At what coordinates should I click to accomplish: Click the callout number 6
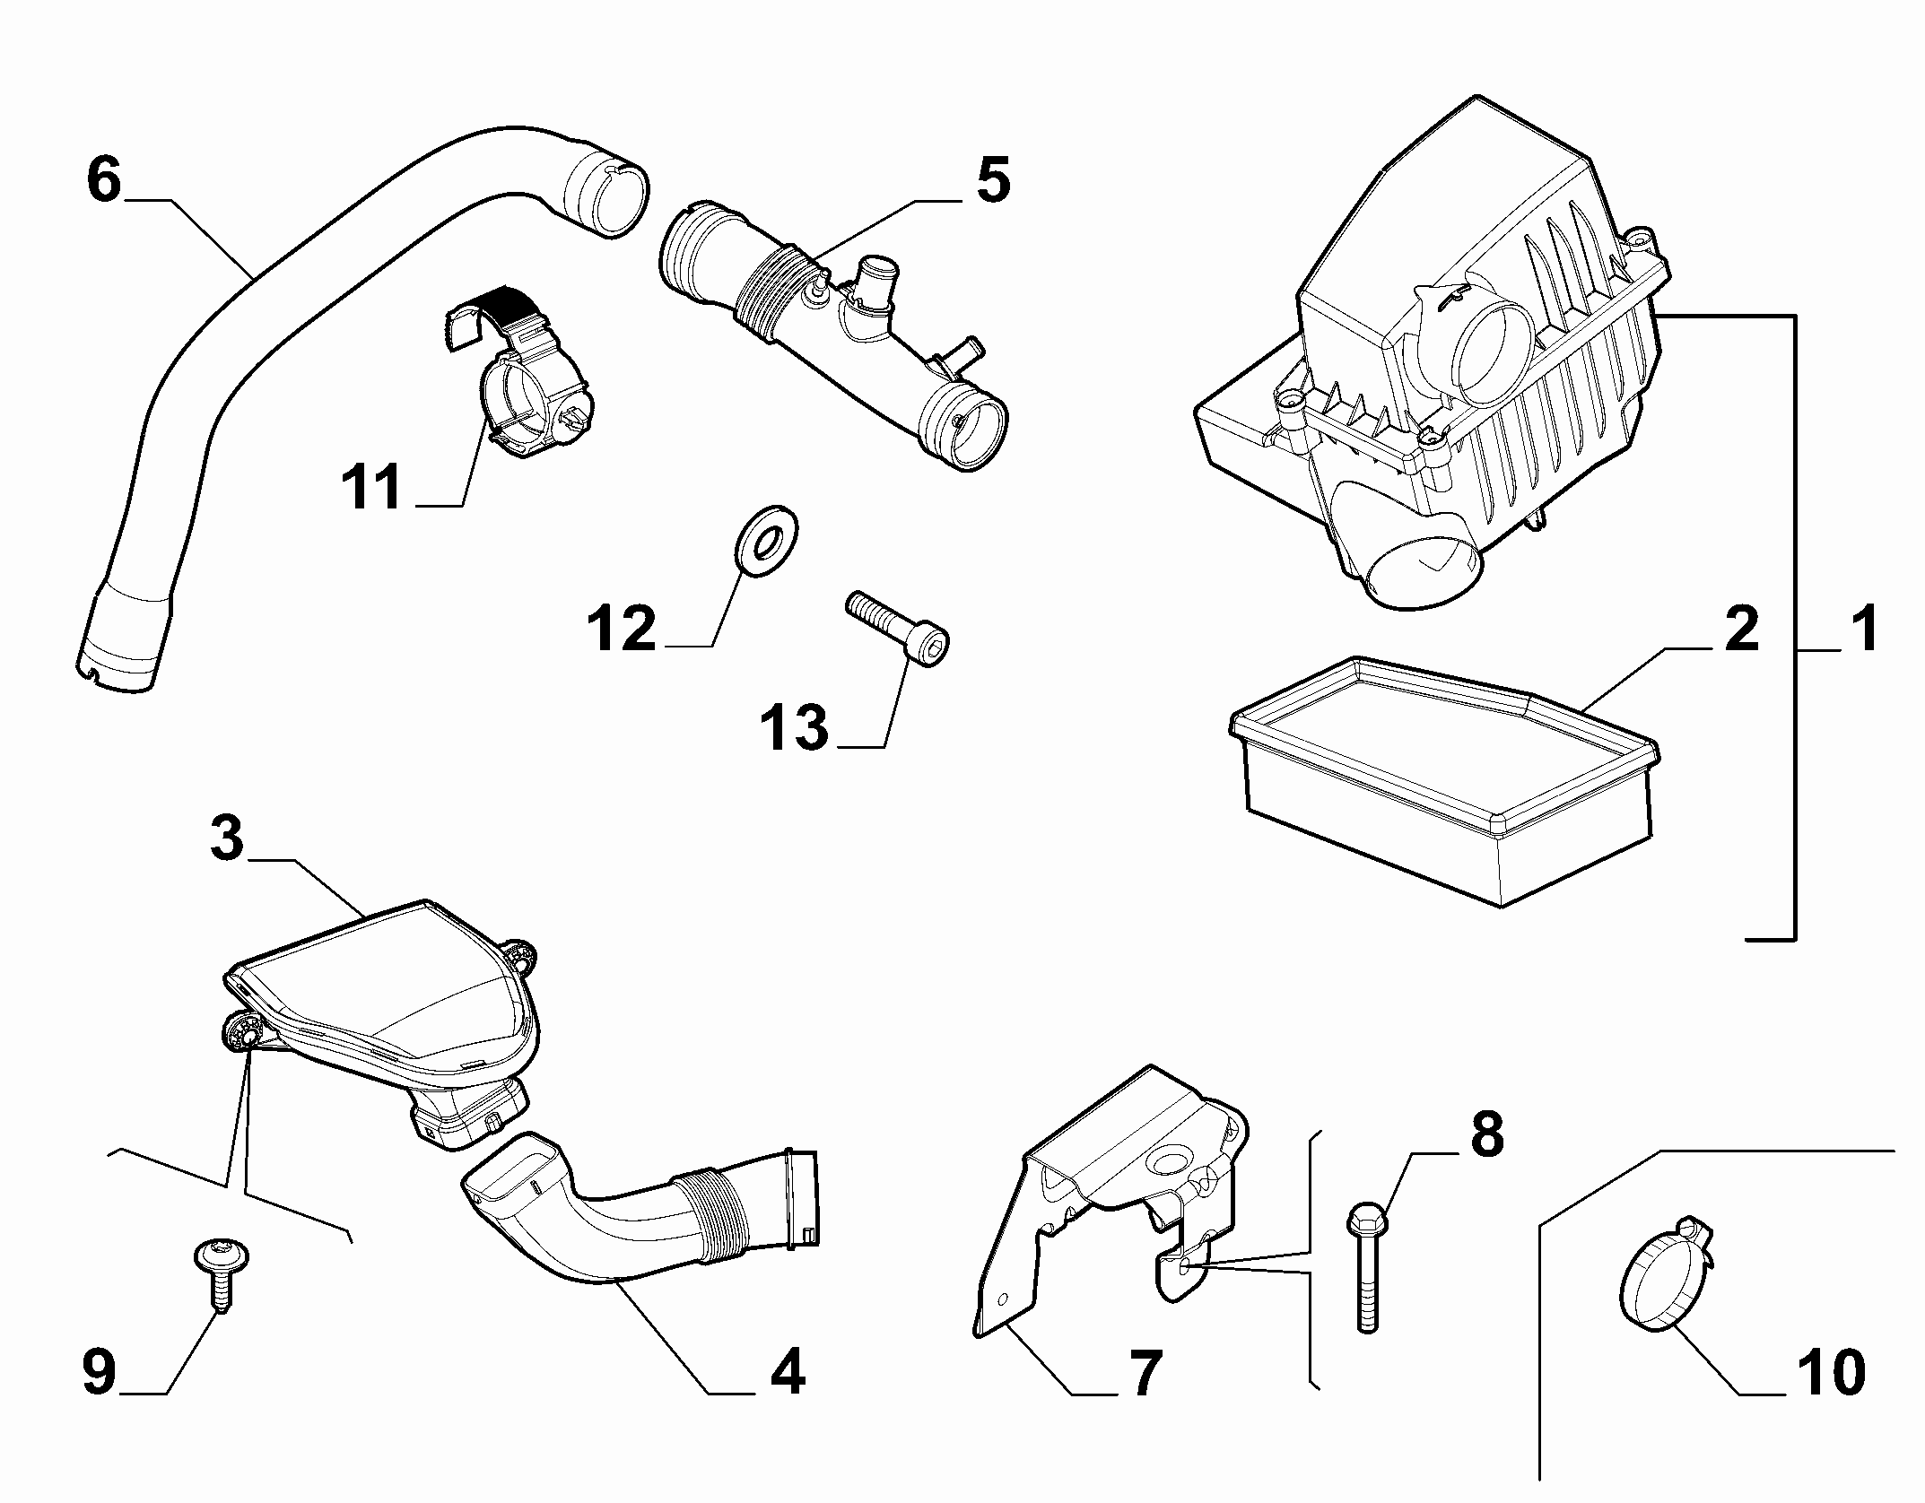point(104,180)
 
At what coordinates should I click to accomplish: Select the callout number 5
point(992,180)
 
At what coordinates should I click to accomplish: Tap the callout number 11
point(370,489)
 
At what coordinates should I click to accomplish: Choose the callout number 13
point(795,727)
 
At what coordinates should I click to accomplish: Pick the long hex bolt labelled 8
point(1366,1268)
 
